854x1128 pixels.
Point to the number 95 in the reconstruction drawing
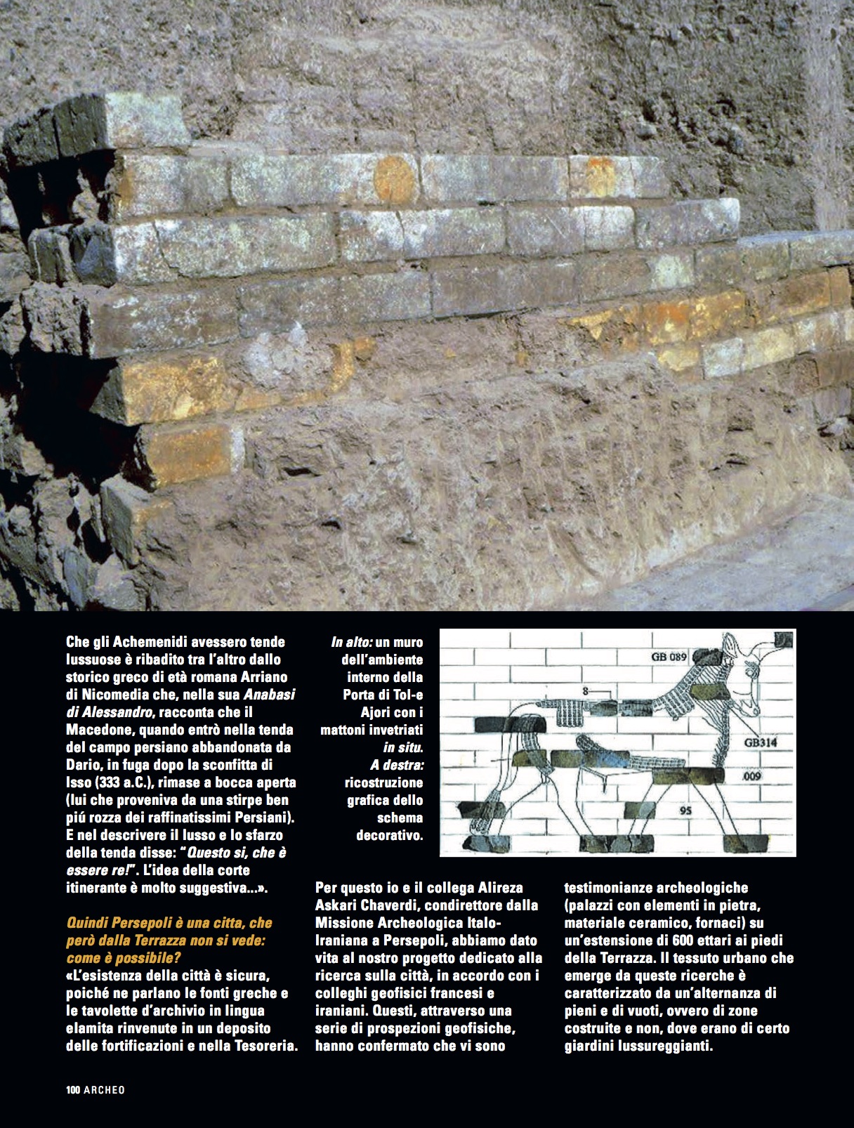click(x=687, y=810)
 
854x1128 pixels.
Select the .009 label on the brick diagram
click(x=752, y=778)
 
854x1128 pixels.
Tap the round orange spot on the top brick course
click(x=395, y=179)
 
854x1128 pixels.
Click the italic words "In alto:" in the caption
click(x=351, y=642)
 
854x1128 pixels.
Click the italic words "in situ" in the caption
click(x=402, y=747)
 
